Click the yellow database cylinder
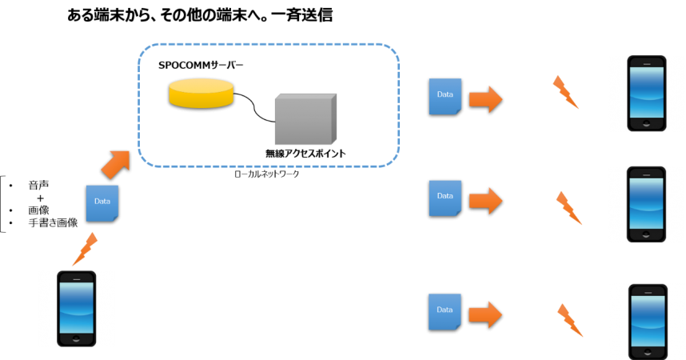(201, 93)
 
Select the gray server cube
(304, 120)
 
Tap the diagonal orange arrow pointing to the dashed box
(115, 163)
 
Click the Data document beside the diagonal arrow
(102, 202)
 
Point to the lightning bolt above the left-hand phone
(84, 250)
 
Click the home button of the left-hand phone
(76, 339)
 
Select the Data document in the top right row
(445, 96)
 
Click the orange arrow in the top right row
(485, 99)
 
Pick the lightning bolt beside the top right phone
(566, 92)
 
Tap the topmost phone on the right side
(646, 93)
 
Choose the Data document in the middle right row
(445, 198)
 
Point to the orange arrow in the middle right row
(485, 200)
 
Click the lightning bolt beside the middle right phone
(568, 207)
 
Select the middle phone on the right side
(646, 204)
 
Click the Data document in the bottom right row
(445, 312)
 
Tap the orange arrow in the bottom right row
(485, 314)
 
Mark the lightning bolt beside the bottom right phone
(569, 319)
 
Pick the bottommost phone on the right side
(647, 321)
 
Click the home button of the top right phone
(646, 125)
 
